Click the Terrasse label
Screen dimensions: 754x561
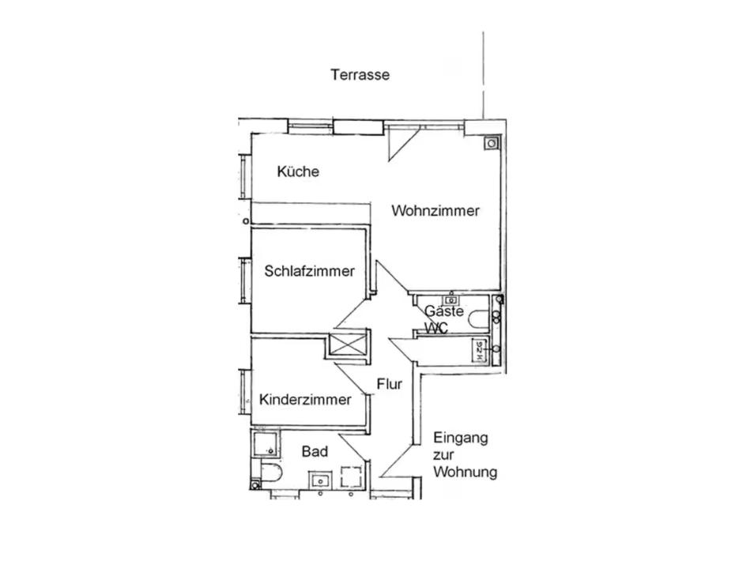coord(360,74)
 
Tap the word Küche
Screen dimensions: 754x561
coord(298,171)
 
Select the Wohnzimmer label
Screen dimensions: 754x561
coord(435,210)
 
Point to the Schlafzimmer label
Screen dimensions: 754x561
coord(309,271)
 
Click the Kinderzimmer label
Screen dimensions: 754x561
coord(305,400)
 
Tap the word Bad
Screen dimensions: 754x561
coord(315,451)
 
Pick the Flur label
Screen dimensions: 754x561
coord(390,384)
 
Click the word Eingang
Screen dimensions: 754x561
coord(461,439)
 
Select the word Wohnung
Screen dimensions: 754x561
coord(465,472)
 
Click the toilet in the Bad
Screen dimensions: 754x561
coord(271,473)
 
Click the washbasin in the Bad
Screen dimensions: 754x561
coord(319,480)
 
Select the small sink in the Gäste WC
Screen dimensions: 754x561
coord(451,300)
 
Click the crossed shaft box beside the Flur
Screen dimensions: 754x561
coord(346,345)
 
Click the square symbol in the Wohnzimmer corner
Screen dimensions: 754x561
coord(492,143)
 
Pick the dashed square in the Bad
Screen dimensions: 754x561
coord(352,477)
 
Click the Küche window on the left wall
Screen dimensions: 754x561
coord(244,176)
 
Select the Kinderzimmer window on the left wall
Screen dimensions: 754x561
coord(244,390)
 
